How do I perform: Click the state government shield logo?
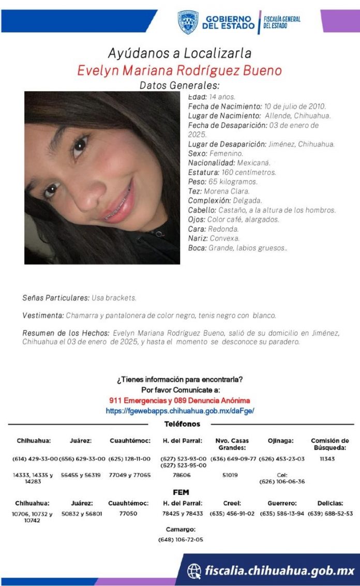coord(188,22)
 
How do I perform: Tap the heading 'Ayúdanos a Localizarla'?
coord(179,53)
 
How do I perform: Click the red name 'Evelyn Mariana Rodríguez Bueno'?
coord(179,70)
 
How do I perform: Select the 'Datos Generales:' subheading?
coord(179,85)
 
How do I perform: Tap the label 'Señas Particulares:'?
coord(56,298)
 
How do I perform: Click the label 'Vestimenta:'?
coord(43,315)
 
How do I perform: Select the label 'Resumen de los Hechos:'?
coord(66,333)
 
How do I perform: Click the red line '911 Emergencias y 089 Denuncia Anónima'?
coord(179,400)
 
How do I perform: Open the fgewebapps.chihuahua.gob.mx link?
coord(179,411)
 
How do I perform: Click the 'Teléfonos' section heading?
coord(182,424)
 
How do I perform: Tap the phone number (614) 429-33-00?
coord(35,459)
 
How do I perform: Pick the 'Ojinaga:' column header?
coord(280,441)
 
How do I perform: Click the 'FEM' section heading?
coord(181,492)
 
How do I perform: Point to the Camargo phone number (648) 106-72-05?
coord(181,539)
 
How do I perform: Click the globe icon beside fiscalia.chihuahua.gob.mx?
coord(194,570)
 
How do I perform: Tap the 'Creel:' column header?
coord(232,503)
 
